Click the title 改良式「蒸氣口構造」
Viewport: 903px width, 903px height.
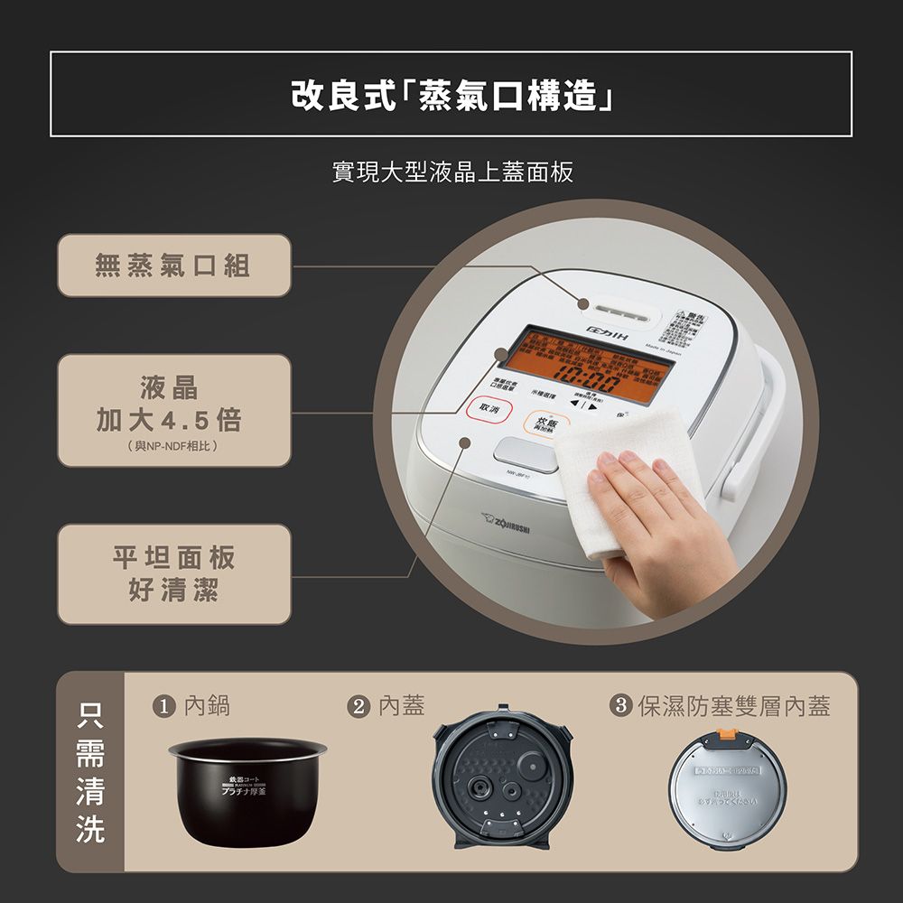tap(451, 95)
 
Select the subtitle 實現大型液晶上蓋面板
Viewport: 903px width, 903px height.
tap(451, 172)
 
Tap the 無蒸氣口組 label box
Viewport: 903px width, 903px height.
tap(174, 265)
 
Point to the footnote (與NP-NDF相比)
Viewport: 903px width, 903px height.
tap(174, 447)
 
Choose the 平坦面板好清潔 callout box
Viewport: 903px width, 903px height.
tap(174, 574)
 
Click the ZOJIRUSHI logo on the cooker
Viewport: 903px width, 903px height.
tap(510, 523)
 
